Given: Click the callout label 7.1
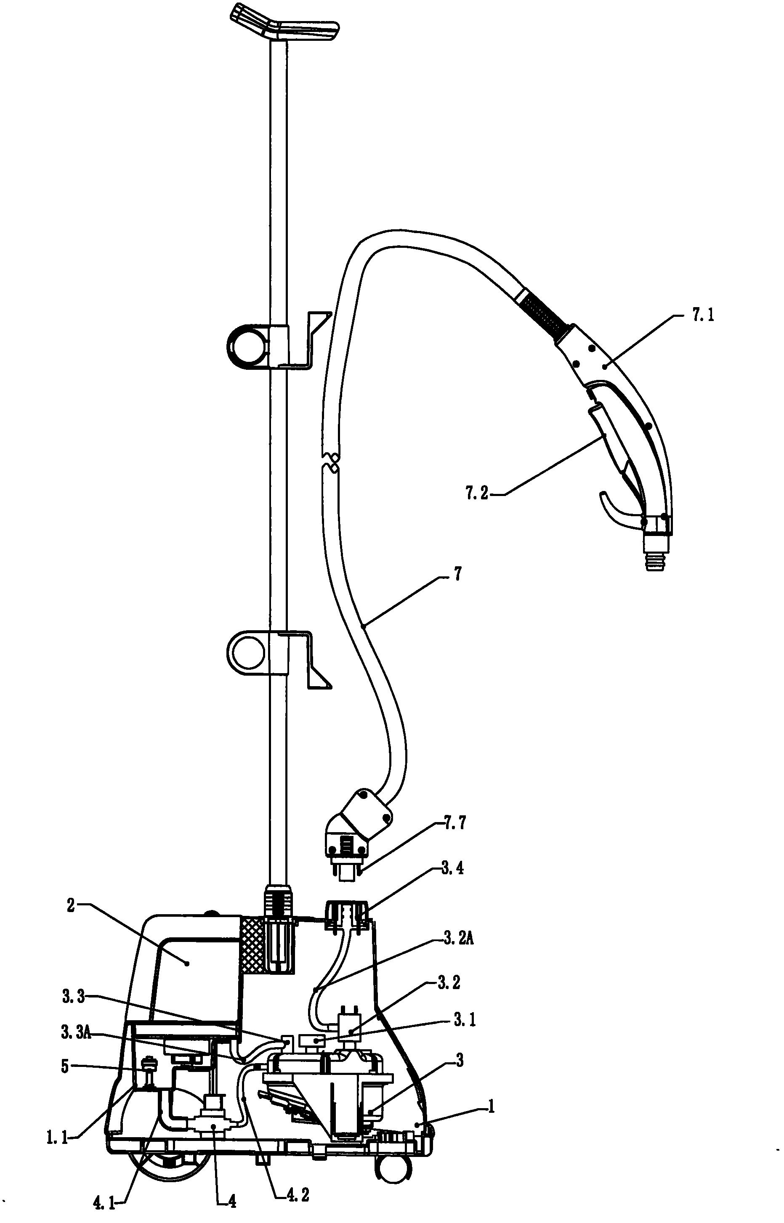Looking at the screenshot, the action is [x=702, y=316].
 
